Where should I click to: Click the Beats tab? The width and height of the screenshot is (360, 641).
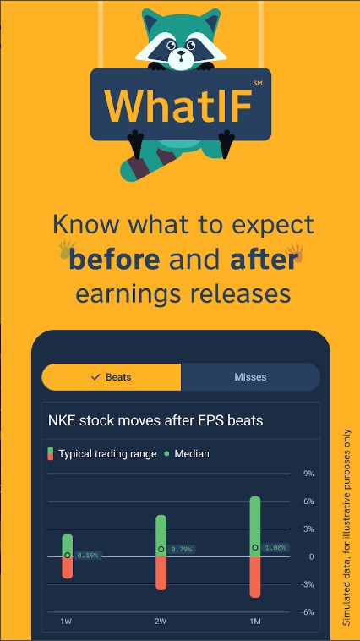click(x=112, y=377)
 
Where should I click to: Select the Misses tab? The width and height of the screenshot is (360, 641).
click(x=250, y=377)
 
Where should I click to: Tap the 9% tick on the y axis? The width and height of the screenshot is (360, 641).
click(x=308, y=474)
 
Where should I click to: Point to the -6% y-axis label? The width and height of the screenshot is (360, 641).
click(x=308, y=612)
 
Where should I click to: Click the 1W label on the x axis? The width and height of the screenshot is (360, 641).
click(x=66, y=622)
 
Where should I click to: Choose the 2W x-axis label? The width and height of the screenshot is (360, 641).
click(x=161, y=622)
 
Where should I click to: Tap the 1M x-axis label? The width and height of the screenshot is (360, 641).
click(x=255, y=622)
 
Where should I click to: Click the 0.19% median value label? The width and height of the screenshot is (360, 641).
click(x=88, y=555)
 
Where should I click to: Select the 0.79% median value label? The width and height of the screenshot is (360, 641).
click(x=182, y=549)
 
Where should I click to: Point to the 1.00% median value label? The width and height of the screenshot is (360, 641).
click(x=275, y=548)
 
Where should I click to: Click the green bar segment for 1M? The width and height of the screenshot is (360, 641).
click(x=255, y=527)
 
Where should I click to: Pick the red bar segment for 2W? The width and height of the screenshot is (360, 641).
click(x=161, y=573)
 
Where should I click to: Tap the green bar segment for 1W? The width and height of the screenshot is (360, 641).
click(x=68, y=545)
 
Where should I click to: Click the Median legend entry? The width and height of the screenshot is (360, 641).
click(x=187, y=454)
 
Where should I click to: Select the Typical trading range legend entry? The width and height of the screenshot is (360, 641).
click(x=102, y=454)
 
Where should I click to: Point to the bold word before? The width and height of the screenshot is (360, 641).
click(x=114, y=260)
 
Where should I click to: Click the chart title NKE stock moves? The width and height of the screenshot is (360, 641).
click(x=105, y=420)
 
